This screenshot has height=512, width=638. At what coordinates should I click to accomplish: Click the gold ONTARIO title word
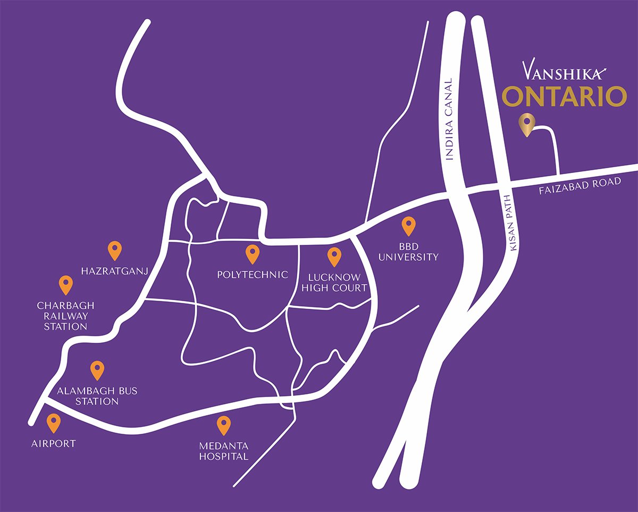coord(565,97)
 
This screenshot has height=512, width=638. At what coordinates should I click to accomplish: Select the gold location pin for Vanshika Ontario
coord(526,125)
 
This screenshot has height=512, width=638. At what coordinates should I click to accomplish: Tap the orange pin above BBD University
coord(408,226)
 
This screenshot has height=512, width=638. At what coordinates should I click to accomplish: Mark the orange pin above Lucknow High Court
coord(334,257)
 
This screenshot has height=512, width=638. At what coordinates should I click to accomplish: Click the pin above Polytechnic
coord(252,254)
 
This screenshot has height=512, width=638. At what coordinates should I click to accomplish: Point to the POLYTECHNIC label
coord(253,275)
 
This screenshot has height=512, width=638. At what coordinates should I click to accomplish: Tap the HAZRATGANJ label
coord(114,271)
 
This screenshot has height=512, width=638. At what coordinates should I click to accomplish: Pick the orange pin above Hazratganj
coord(114,250)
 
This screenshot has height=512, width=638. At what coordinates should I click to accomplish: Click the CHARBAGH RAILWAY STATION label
coord(65,316)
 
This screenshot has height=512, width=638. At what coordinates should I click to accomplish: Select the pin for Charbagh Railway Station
coord(65,285)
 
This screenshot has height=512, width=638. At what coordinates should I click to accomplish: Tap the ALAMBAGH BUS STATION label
coord(97,396)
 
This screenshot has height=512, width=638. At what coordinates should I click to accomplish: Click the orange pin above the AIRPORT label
coord(53,423)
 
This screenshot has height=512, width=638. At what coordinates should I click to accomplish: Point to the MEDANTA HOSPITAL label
coord(223,451)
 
